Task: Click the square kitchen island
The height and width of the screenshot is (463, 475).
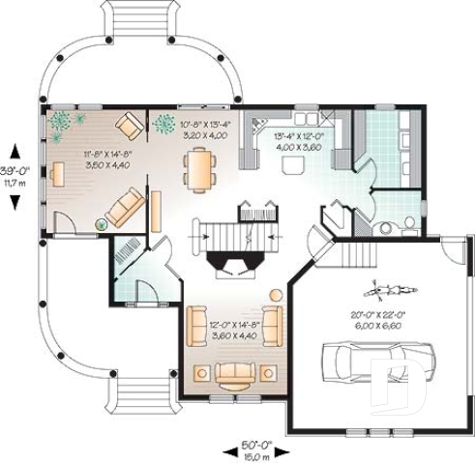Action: (289, 167)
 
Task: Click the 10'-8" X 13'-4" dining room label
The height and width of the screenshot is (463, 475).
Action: (204, 130)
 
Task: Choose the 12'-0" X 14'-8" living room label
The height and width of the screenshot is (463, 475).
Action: (233, 332)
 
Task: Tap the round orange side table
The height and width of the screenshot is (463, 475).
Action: (275, 293)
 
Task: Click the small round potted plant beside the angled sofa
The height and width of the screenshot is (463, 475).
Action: (100, 224)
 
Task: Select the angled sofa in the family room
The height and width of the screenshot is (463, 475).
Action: (125, 206)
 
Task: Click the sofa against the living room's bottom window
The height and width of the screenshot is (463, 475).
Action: (232, 372)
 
